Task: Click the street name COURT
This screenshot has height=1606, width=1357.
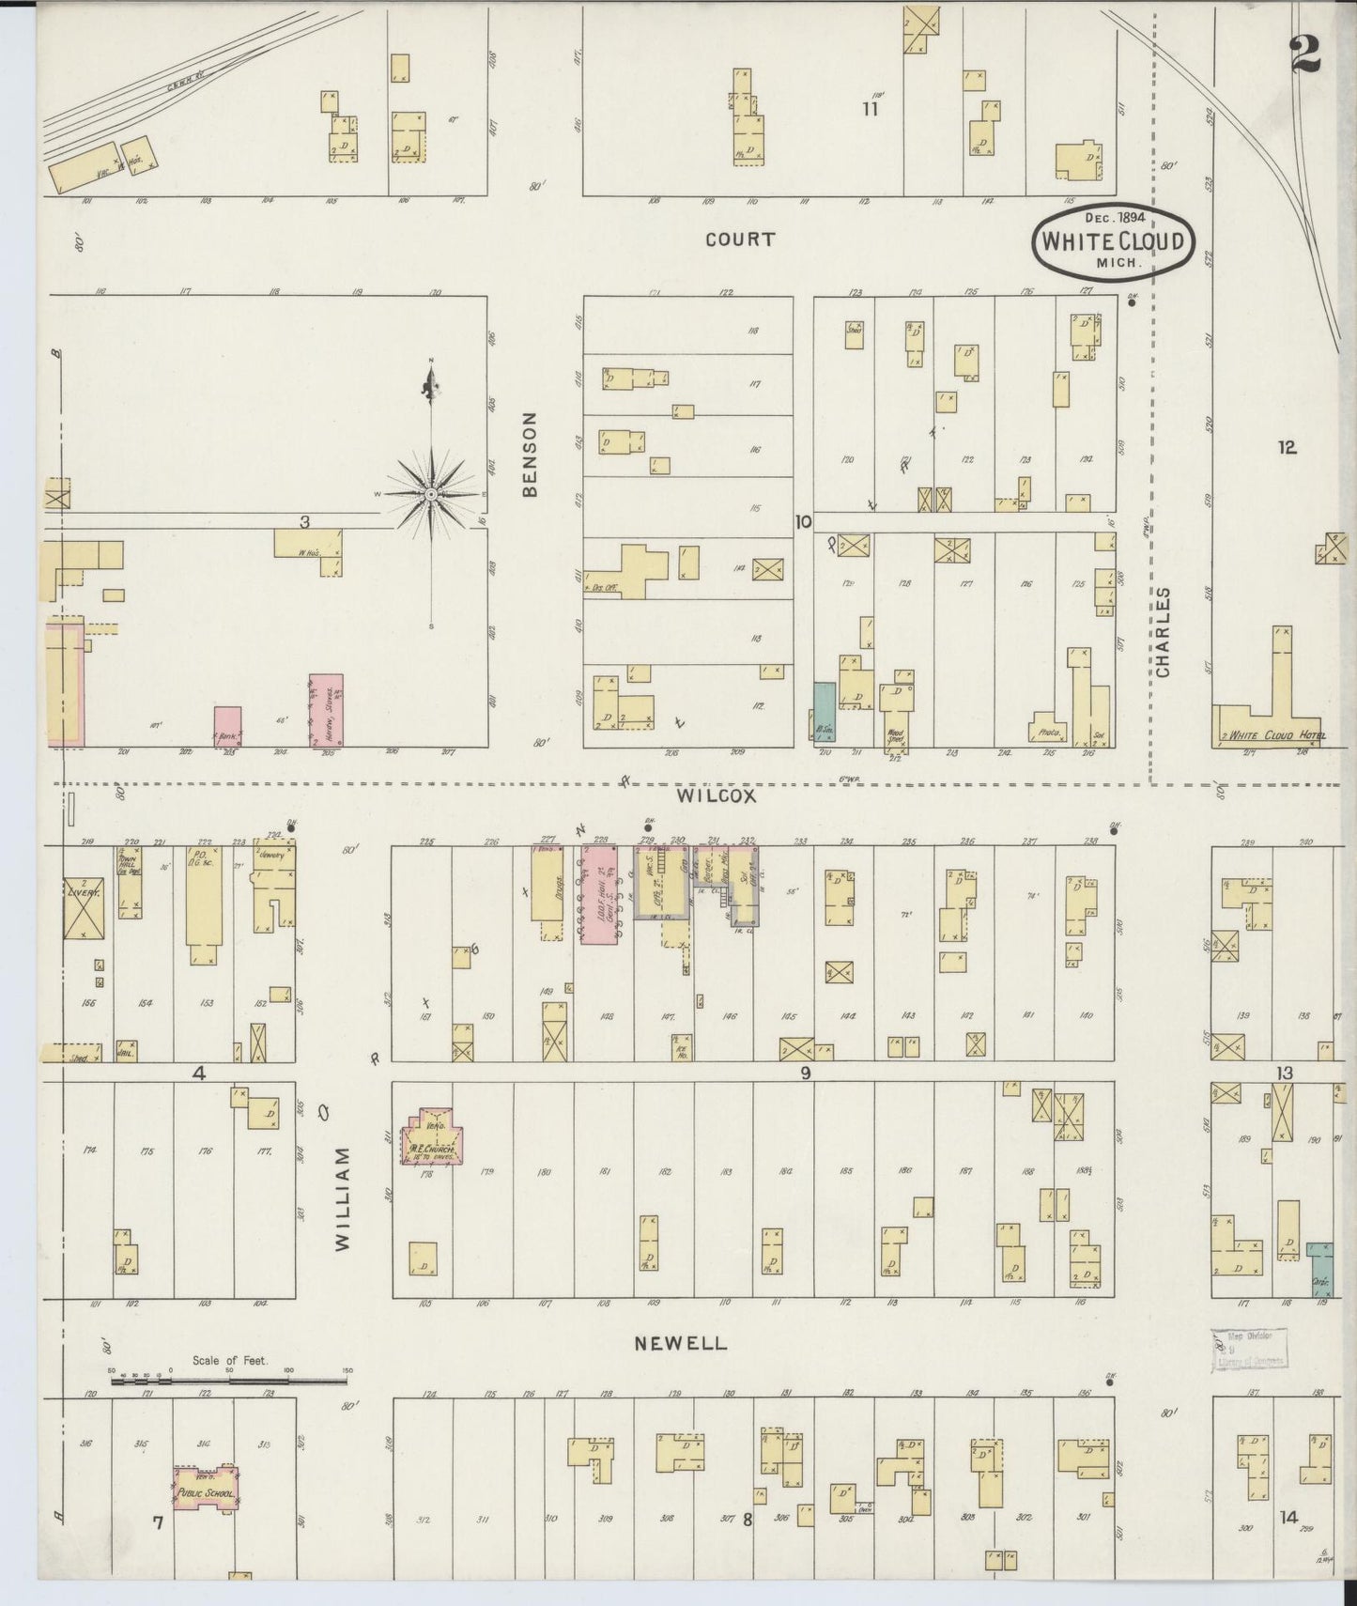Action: tap(740, 239)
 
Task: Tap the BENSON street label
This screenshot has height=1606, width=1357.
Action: tap(531, 454)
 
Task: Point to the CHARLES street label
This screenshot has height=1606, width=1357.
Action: tap(1164, 632)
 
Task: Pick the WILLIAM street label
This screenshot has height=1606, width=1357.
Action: tap(342, 1197)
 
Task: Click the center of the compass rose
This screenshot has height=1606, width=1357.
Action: tap(431, 494)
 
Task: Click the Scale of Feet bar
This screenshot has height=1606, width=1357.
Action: tap(230, 1381)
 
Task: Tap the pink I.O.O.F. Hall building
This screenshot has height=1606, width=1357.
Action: tap(597, 893)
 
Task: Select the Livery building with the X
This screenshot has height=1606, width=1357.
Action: tap(83, 907)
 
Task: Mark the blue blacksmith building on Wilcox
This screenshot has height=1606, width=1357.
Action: tap(824, 712)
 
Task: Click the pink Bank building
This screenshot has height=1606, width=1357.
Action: tap(227, 726)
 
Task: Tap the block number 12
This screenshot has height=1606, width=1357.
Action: tap(1287, 448)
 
